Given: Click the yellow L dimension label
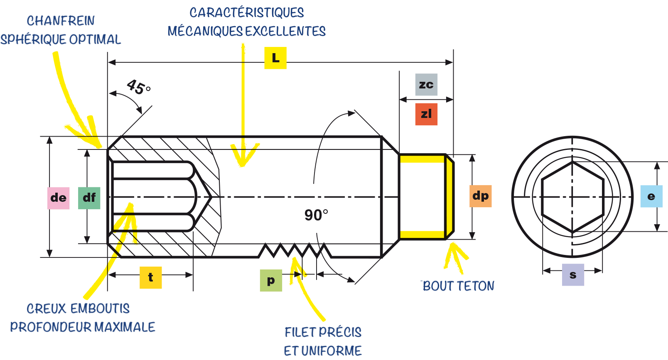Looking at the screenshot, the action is coord(275,58).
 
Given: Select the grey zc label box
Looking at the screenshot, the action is coord(426,84).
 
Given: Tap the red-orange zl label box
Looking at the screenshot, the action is coord(426,114).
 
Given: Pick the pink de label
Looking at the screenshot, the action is coord(59,198).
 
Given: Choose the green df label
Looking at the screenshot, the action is coord(89,198).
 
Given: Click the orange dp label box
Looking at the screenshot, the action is coord(480,196).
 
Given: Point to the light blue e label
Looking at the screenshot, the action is coord(651,196).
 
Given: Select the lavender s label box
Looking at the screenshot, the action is coord(573,275).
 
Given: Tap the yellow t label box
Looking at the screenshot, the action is coord(151,277).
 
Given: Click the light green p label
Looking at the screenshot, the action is coord(271,280).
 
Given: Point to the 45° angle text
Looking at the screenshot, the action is coord(139,87).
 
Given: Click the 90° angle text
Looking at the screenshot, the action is coord(316,215).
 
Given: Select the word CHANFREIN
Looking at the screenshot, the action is coord(61,21).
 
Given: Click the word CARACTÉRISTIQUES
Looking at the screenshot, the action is coord(247,13).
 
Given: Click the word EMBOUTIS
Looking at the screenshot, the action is coord(100,309).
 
